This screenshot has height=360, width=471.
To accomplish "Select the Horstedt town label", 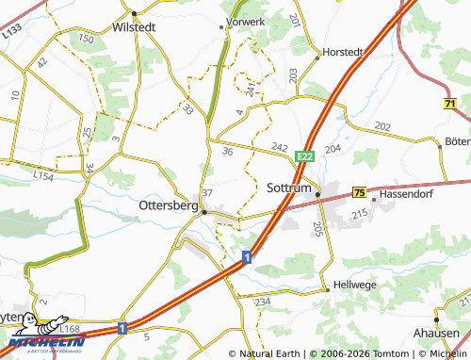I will pos(342,52).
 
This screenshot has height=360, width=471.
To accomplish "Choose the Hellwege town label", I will pos(354,284).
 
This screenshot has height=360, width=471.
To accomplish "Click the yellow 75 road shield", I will pos(359,192).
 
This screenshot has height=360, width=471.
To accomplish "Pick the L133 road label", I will pos(11,31).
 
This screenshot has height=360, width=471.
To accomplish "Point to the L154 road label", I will pos(43,175).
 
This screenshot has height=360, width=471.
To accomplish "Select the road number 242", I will pos(279,148).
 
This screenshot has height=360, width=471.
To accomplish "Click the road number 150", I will pos(87,39).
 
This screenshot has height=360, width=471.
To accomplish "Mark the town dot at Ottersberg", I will pos(203,212).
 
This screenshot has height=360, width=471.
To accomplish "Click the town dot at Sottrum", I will pos(318,195).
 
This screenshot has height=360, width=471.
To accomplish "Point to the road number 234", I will pos(262,301).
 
